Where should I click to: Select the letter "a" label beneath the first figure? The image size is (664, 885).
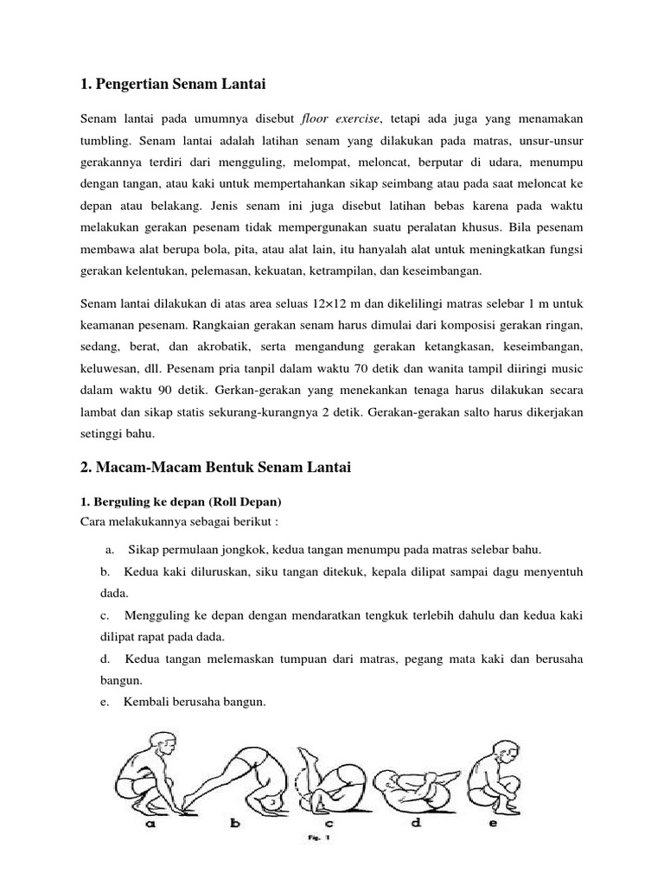click(150, 824)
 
